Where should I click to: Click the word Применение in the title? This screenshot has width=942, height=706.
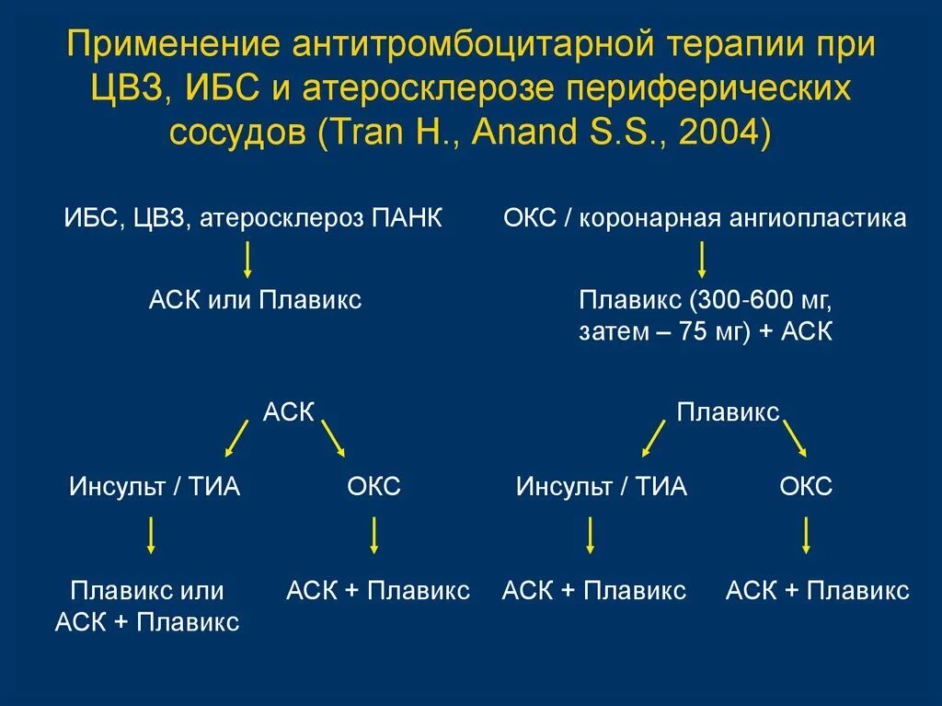click(172, 45)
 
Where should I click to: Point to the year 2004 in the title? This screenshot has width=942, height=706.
click(715, 131)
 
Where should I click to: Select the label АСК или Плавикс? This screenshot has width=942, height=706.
click(255, 300)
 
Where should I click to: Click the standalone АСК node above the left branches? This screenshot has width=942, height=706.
click(289, 412)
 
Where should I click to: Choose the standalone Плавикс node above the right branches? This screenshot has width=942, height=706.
click(728, 412)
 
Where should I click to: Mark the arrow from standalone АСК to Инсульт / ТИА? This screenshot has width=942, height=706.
click(237, 438)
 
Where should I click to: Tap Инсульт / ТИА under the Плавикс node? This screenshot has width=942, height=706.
click(602, 486)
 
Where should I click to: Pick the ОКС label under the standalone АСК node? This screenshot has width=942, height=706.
click(373, 486)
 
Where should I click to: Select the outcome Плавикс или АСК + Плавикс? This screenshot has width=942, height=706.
click(147, 606)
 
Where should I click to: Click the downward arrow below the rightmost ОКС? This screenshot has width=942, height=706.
click(807, 535)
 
